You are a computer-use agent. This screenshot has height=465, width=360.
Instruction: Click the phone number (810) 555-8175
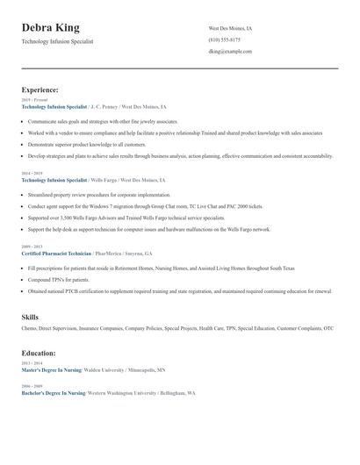tap(226, 40)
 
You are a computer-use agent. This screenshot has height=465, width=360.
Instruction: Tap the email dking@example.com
tap(230, 52)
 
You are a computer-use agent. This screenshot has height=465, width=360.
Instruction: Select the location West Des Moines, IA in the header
tap(231, 28)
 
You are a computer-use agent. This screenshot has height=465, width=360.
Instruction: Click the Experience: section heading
tap(40, 89)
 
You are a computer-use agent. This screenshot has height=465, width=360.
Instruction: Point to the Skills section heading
tap(32, 316)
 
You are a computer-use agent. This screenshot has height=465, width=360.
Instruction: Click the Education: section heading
tap(39, 353)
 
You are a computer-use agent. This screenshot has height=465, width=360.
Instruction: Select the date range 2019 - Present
tap(34, 100)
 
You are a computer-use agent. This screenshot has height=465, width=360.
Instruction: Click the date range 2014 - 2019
tap(32, 174)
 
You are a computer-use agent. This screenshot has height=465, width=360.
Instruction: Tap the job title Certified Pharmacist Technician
tap(56, 253)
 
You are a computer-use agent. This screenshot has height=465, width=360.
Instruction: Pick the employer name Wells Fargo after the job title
tap(103, 179)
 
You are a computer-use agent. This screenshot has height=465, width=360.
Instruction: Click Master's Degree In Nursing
tap(51, 370)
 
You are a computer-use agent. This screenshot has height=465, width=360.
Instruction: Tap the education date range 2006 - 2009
tap(32, 386)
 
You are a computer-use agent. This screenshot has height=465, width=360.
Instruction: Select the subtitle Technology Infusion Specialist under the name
tap(57, 41)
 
